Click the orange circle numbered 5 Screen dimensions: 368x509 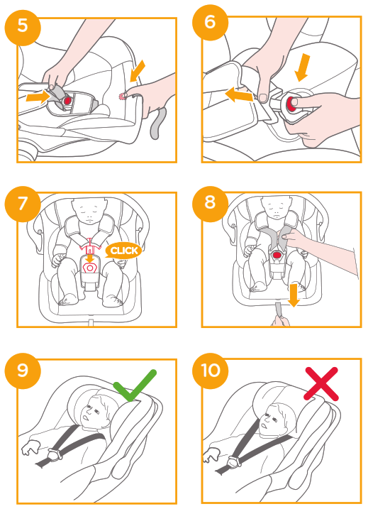coord(23,26)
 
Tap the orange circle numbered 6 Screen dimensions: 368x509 coord(210,22)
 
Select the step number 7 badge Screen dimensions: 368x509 coord(23,204)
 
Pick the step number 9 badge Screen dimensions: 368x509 coord(23,370)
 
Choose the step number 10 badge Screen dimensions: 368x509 coord(210,370)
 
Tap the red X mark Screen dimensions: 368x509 coord(321,383)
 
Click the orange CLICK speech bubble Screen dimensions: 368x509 coord(124,251)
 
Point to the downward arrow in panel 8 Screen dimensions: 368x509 coord(294,295)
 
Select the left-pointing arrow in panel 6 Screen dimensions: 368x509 coord(239,95)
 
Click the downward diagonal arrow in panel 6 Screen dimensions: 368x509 coord(303,68)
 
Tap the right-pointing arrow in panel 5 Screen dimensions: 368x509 coord(38,97)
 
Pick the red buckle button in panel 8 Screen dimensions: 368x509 coord(277,255)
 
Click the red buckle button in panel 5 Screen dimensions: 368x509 coord(67,101)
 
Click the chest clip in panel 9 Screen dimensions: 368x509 coord(55,454)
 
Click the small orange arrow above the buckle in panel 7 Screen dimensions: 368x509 coord(90,258)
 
